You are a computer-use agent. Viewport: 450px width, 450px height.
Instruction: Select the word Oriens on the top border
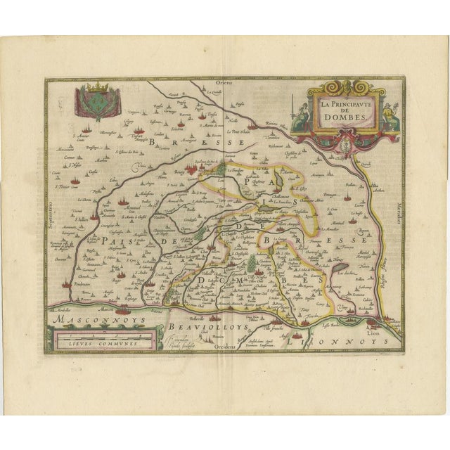[x=224, y=83]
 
